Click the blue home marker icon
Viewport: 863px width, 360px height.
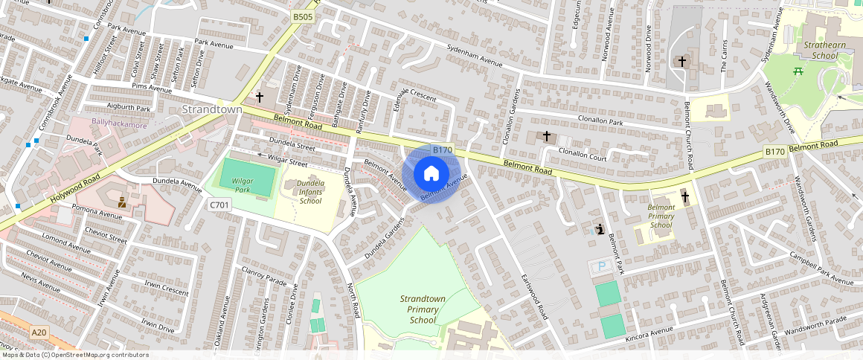[x=431, y=174]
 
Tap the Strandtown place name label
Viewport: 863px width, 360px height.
[x=212, y=109]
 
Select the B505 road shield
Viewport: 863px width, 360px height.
[x=303, y=16]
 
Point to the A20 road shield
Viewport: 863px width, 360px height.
[x=40, y=332]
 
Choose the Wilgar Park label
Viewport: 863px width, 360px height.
[x=243, y=184]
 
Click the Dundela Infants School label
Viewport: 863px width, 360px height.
[x=310, y=192]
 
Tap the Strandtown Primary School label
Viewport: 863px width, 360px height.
[x=423, y=309]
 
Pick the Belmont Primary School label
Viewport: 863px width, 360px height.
[x=661, y=216]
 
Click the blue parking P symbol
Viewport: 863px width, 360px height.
[x=597, y=266]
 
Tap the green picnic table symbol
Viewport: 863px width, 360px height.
[x=797, y=71]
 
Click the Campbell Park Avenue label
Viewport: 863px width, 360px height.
[x=821, y=269]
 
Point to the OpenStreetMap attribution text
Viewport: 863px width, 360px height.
[x=74, y=355]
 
